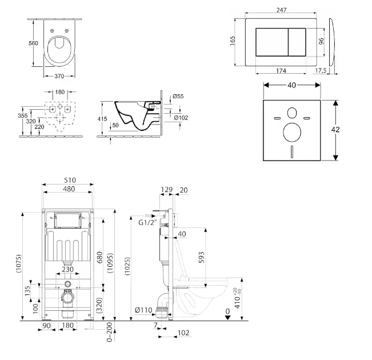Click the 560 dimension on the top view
(33, 43)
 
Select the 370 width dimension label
(59, 76)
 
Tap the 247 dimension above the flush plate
(281, 10)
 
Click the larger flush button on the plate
(272, 42)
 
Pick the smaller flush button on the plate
(297, 42)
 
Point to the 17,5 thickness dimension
(321, 70)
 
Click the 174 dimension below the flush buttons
(281, 71)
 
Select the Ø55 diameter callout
(178, 96)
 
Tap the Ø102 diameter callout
(181, 118)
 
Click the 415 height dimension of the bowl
(102, 119)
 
